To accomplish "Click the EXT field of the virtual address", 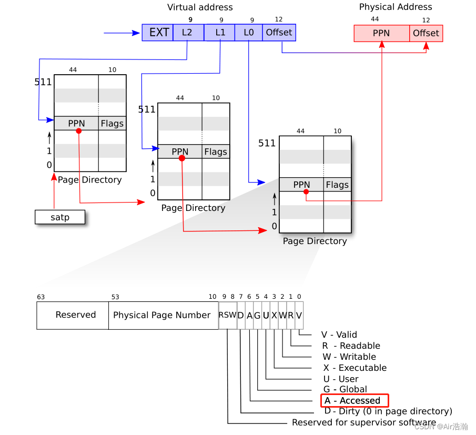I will point(158,33).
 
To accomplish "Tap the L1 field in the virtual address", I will point(219,33).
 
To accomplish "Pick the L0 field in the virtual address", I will point(248,33).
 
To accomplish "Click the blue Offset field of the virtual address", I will point(279,33).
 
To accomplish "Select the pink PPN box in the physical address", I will point(381,33).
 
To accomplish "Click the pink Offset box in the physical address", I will point(426,33).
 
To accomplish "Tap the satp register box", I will point(60,217).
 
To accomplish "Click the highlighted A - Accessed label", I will point(354,401).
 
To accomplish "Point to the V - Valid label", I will point(339,335).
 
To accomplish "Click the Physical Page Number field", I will point(162,315).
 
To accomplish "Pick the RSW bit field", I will point(228,315).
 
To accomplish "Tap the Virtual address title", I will point(200,7).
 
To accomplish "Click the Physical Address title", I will point(396,7).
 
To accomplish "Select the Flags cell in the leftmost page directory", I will point(112,124).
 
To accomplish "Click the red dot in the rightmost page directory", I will point(306,192).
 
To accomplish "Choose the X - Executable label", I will point(355,368).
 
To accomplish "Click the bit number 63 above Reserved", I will point(40,297).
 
